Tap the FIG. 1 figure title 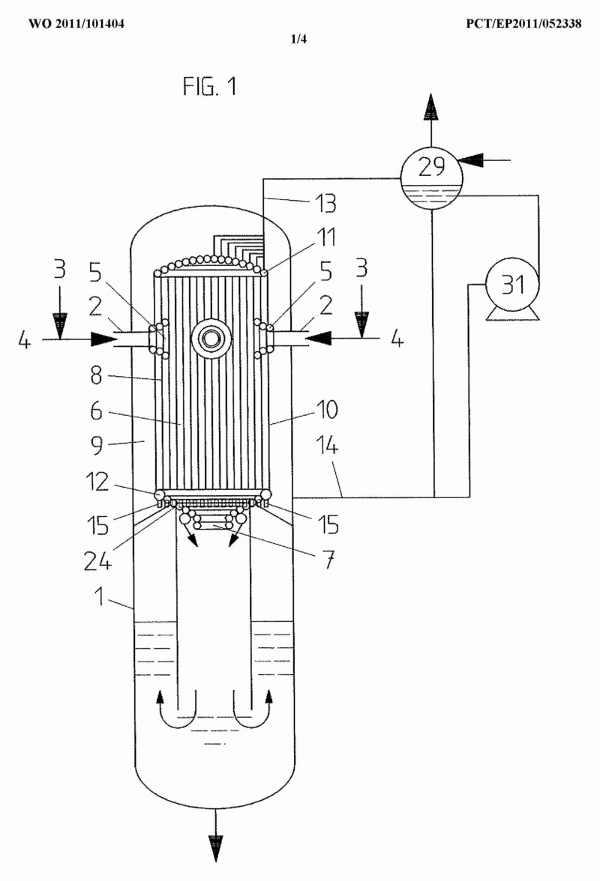210,87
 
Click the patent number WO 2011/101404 76,24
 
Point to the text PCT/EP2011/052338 523,24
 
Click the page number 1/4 298,39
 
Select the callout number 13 325,204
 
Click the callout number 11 327,237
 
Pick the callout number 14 327,446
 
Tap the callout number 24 97,560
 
